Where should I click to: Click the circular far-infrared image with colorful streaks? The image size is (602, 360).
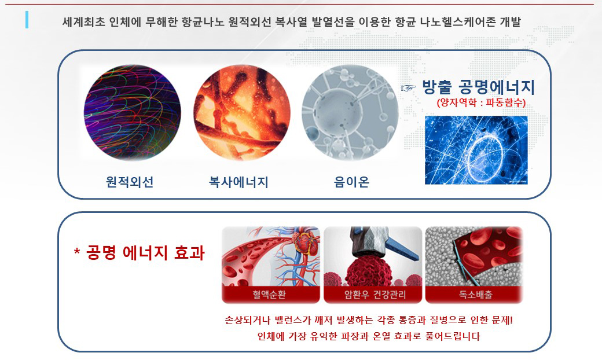[x=132, y=112]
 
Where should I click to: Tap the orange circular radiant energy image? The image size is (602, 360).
[x=242, y=112]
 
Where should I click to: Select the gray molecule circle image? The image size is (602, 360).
[x=350, y=112]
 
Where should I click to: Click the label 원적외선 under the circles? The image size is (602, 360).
[x=130, y=182]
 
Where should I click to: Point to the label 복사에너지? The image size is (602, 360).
[x=238, y=182]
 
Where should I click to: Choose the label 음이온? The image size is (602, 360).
[x=352, y=182]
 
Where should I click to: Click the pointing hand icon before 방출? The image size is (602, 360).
[x=408, y=88]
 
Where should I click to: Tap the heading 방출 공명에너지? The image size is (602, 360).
[x=478, y=87]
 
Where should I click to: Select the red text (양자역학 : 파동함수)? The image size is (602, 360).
[x=481, y=102]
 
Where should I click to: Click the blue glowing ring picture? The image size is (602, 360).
[x=476, y=150]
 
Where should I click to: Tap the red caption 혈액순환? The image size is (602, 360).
[x=269, y=295]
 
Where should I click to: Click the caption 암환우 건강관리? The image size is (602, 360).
[x=375, y=295]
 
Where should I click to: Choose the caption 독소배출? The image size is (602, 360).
[x=476, y=295]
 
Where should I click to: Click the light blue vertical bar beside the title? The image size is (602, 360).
[x=27, y=20]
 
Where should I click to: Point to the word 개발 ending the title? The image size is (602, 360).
[x=510, y=22]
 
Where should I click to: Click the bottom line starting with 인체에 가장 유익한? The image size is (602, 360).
[x=369, y=337]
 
